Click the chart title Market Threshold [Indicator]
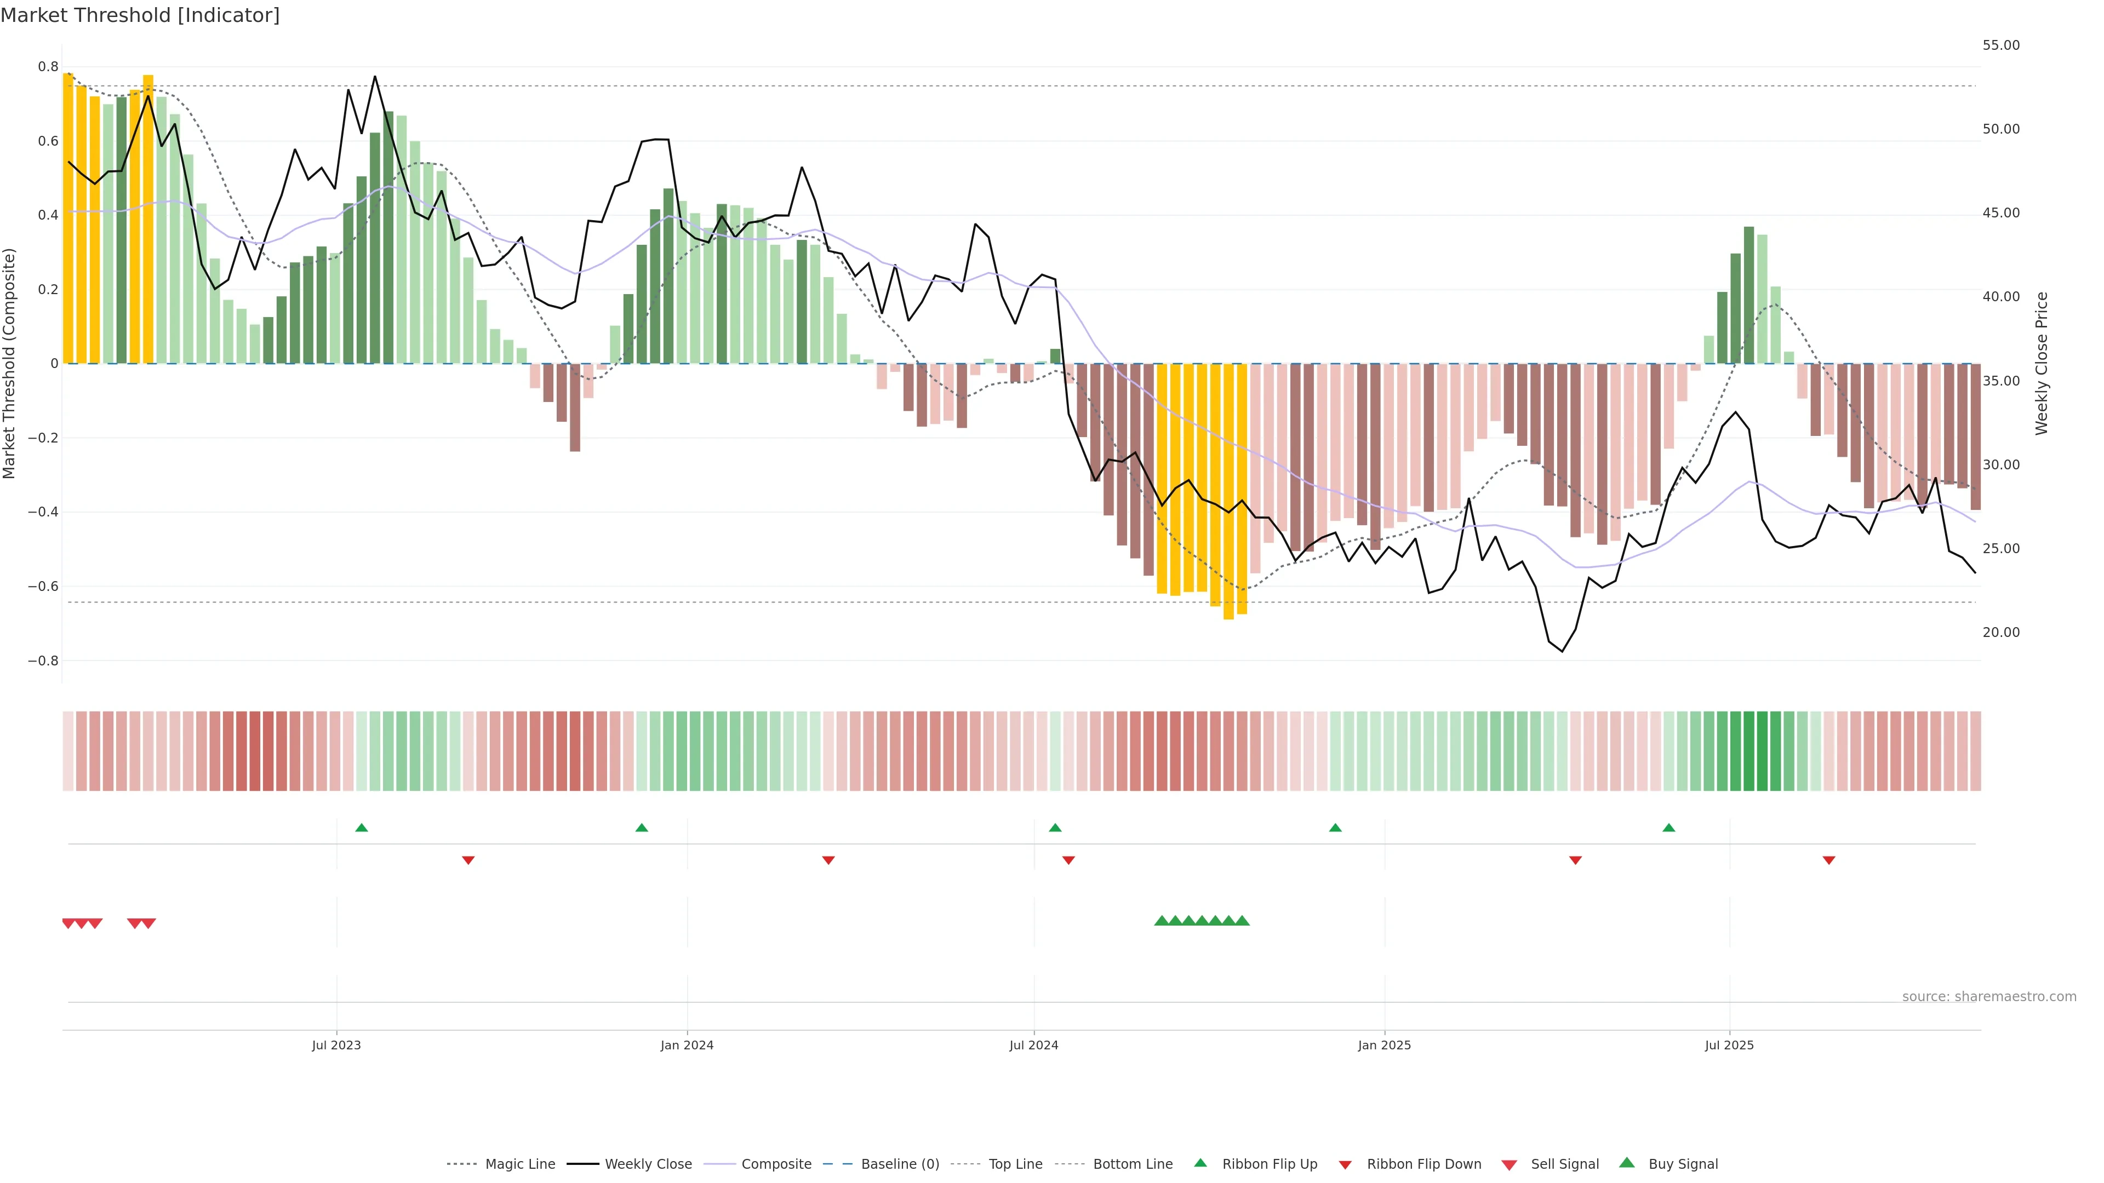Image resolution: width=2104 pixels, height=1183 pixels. coord(140,15)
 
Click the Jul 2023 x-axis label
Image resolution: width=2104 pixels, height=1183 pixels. coord(336,1045)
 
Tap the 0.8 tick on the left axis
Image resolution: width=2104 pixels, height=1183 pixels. coord(48,67)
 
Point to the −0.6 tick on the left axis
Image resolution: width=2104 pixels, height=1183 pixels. coord(43,586)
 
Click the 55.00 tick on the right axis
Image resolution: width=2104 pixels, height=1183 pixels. coord(2000,45)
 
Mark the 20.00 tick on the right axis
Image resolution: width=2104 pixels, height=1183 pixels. coord(2000,633)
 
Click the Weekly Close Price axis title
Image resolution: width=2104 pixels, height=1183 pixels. coord(2042,363)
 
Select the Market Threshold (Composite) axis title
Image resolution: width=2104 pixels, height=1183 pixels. coord(10,363)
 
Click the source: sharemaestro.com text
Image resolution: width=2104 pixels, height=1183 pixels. coord(1989,997)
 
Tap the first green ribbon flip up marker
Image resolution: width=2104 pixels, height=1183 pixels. coord(362,828)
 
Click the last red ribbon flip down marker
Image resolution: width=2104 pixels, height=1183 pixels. coord(1829,860)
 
